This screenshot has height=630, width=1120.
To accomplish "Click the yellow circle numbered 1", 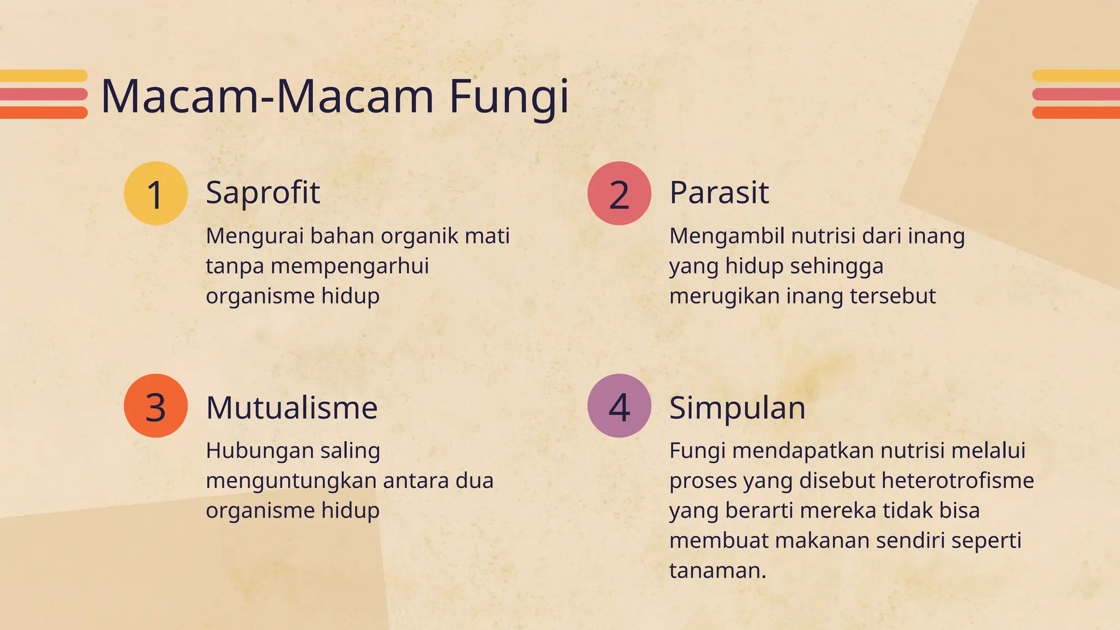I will coord(156,193).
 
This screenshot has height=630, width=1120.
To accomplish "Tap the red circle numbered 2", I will coord(619,193).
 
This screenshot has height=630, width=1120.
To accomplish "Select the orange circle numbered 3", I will coord(156,406).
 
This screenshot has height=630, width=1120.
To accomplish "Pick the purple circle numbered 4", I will coord(619,406).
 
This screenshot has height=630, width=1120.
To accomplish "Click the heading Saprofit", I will coord(262,192).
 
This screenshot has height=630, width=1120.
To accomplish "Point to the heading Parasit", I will coord(719,192).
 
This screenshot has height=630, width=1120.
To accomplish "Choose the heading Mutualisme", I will coord(291,408).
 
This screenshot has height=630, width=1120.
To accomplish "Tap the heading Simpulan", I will coord(737,408).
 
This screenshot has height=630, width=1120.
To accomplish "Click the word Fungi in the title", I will coord(509,97).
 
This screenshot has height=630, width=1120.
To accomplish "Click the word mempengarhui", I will coord(349,266).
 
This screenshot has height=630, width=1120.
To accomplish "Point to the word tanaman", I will coord(717,570).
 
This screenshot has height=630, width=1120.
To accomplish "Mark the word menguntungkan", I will coord(291,481).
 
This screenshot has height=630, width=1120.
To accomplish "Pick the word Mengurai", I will coord(254,236).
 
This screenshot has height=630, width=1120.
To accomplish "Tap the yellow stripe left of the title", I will coord(44,76).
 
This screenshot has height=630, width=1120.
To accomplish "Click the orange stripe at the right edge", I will coord(1076,113).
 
